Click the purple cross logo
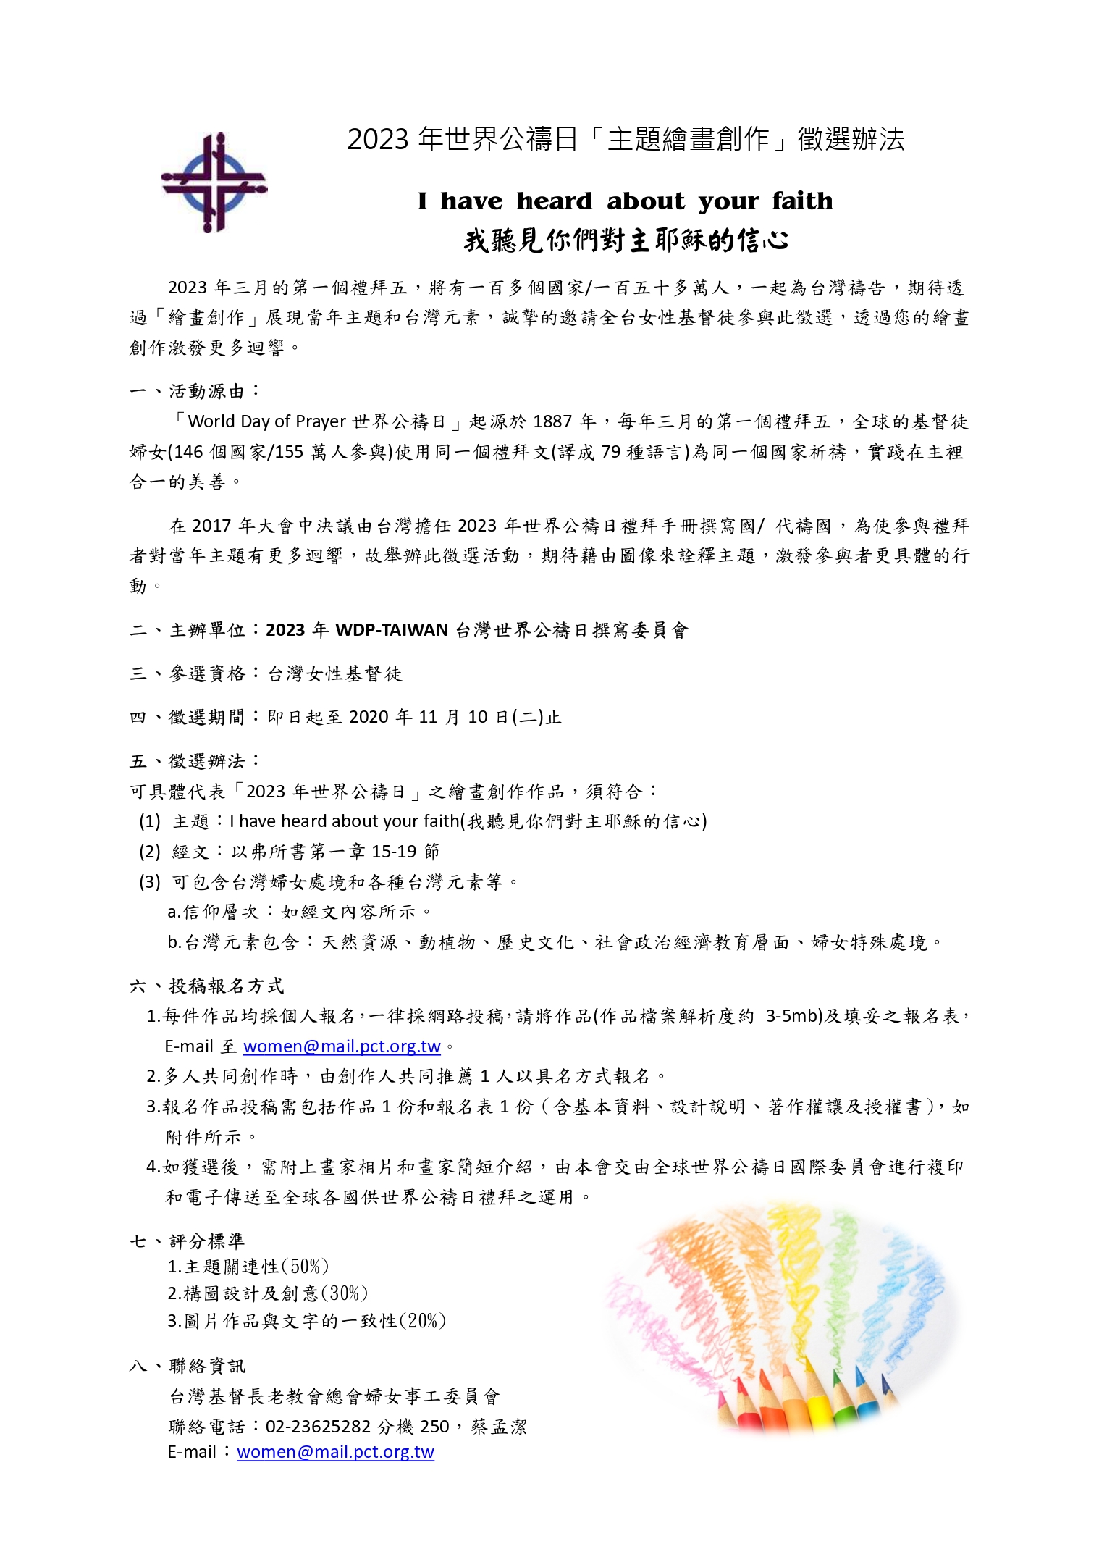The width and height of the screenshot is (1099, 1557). pos(214,182)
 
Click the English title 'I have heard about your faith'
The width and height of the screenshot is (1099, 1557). pos(625,201)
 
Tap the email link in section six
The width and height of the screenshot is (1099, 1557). pos(342,1046)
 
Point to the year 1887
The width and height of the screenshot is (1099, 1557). pos(552,421)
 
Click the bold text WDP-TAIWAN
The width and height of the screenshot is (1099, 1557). pos(392,630)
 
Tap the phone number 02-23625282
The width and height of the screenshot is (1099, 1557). pos(318,1427)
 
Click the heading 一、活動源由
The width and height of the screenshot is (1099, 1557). pos(195,391)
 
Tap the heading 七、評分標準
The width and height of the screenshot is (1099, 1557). pos(188,1241)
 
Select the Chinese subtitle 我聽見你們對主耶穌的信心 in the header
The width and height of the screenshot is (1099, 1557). pos(626,240)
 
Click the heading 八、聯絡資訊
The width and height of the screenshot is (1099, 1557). pos(188,1366)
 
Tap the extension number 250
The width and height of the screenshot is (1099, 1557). pos(434,1427)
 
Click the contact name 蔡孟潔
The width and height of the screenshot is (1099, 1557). pos(499,1427)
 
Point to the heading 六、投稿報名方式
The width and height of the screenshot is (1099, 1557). pos(207,986)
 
